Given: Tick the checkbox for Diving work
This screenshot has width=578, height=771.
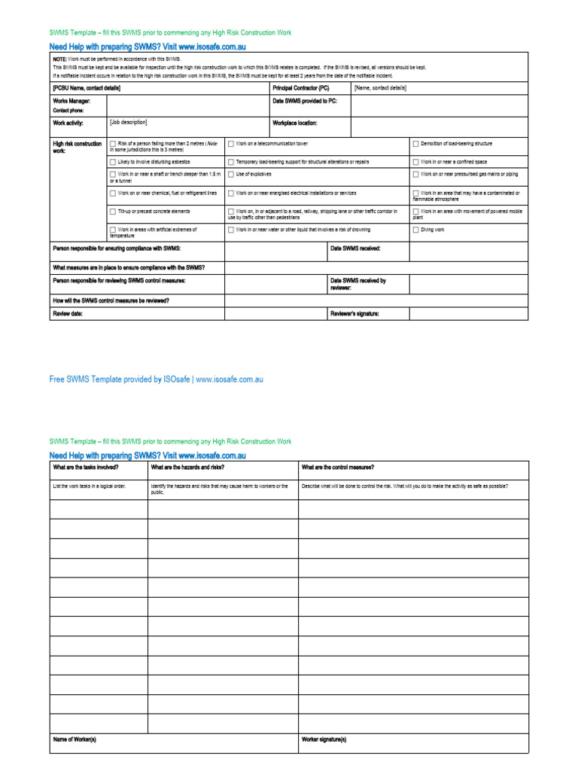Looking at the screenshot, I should [x=415, y=230].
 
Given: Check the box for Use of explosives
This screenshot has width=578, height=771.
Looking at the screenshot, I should [x=231, y=174].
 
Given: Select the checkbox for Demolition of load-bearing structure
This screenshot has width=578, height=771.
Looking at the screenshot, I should [x=415, y=143].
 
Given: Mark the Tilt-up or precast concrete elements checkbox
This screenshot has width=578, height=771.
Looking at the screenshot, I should [x=113, y=212].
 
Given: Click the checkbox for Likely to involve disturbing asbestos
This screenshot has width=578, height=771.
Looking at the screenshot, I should [x=113, y=162].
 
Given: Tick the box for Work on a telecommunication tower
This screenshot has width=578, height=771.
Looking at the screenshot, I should [x=231, y=143].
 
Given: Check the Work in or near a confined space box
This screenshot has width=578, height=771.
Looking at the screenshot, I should [x=415, y=162].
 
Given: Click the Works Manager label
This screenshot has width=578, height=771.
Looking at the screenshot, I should [x=71, y=101].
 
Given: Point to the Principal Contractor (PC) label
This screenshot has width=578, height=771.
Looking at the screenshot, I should [x=301, y=88].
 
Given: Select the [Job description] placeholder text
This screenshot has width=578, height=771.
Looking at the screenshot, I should [x=129, y=122].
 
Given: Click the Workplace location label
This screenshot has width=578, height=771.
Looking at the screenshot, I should [x=295, y=123].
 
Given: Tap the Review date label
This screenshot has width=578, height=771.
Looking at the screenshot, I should [x=67, y=313].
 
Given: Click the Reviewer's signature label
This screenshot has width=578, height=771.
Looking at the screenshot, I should [x=354, y=313].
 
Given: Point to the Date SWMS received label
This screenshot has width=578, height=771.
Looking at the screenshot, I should [x=355, y=248].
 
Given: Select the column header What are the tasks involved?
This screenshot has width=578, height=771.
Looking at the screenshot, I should [x=85, y=467].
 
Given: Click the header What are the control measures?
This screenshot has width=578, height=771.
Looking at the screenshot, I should [x=338, y=467].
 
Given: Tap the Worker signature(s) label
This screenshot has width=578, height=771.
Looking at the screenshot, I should [x=324, y=739].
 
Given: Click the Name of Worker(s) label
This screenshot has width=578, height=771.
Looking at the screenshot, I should [x=75, y=739].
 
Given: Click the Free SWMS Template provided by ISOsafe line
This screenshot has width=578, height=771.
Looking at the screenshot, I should [x=157, y=379].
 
